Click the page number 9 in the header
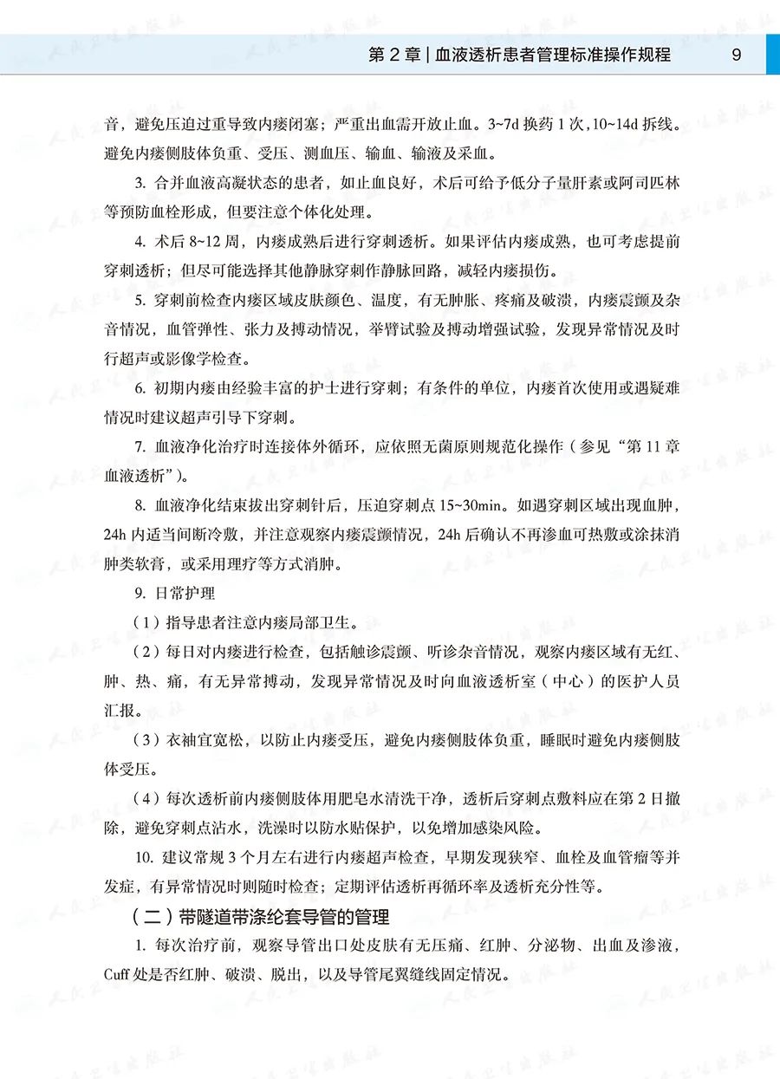[x=736, y=55]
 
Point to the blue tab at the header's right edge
[x=772, y=55]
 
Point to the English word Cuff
[x=117, y=973]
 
